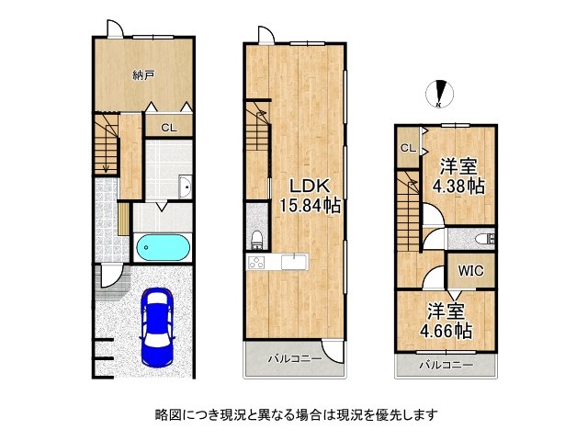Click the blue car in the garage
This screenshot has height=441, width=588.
[157, 326]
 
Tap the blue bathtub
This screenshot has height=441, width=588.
[164, 247]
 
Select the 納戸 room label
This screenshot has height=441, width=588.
[143, 75]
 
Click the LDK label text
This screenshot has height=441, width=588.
[310, 186]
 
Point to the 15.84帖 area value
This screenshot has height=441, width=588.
[310, 205]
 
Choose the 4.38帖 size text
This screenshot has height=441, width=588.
[458, 186]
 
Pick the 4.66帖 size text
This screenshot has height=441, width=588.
[447, 331]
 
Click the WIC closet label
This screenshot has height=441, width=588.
[470, 270]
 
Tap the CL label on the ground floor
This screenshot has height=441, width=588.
[169, 128]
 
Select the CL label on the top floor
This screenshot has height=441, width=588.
[408, 148]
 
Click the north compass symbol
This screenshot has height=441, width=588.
[439, 94]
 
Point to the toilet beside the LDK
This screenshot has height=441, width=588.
[257, 240]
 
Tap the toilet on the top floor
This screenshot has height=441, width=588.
[485, 239]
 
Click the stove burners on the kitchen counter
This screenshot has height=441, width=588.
[256, 261]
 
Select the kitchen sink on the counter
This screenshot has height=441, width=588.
[294, 261]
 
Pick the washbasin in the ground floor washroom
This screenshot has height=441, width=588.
[186, 187]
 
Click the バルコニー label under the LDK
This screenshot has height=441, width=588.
[295, 359]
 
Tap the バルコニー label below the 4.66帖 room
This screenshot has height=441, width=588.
[447, 365]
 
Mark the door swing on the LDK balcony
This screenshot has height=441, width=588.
[333, 352]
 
